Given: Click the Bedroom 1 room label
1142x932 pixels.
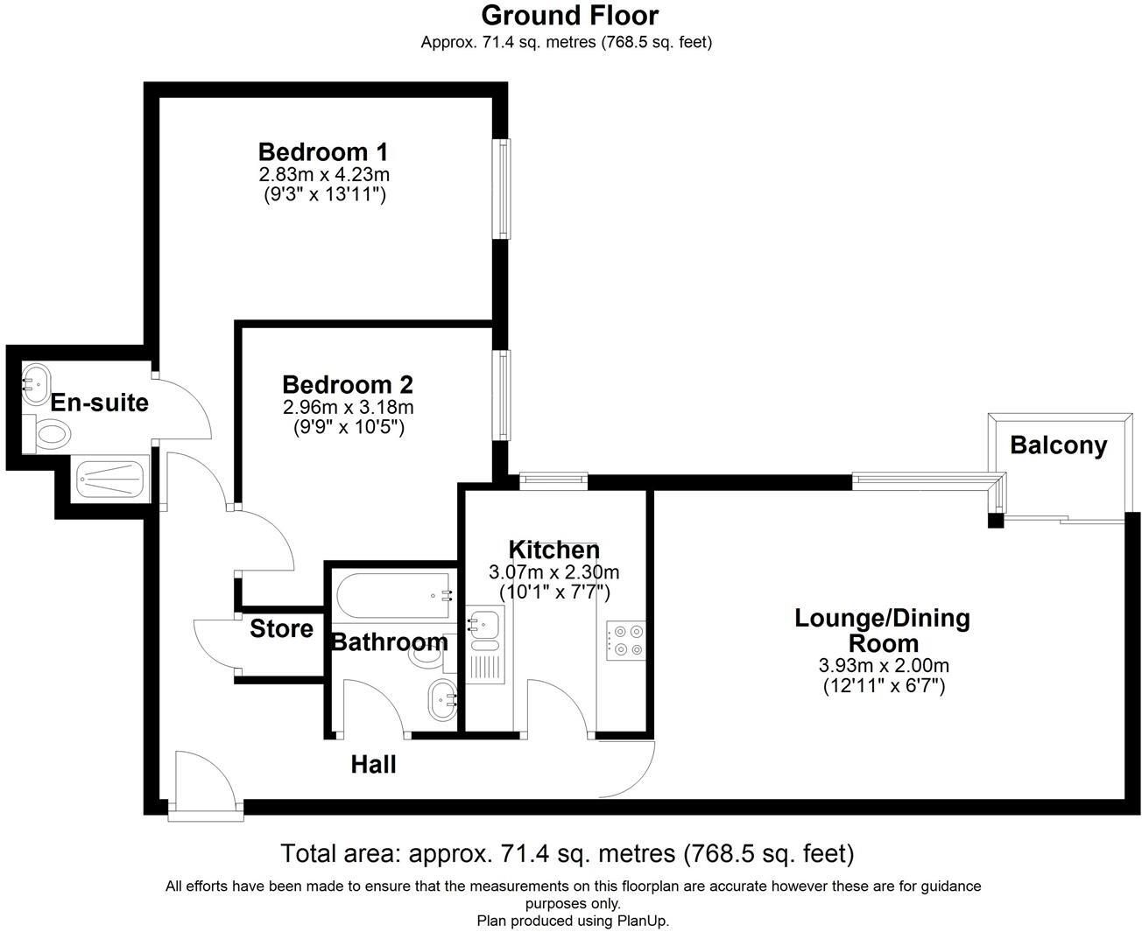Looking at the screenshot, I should pos(322,151).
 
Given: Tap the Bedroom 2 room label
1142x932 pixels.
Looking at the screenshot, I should pos(348,384).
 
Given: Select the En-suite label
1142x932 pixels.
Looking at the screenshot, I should pos(99,403).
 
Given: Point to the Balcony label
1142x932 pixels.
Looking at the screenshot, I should pos(1058,445).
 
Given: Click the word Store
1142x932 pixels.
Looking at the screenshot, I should pos(281,628).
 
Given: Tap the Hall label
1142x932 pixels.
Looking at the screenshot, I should pos(373,764).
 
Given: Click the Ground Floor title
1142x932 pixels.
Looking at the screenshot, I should pos(569,15).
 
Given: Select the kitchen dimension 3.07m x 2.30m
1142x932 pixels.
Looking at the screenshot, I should pos(553,572).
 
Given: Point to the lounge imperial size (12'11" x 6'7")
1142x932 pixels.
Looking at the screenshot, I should pos(883,686).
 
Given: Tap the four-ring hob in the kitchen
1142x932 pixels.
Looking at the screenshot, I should pos(625,640).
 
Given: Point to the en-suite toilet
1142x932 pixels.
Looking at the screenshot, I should pos(51,433).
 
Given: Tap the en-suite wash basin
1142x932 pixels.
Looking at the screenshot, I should pos(37,383).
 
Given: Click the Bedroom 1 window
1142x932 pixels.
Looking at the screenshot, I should pos(503,187).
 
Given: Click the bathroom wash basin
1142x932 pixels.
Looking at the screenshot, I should pos(441,699).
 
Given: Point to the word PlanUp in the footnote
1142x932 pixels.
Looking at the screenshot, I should pos(641,921).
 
